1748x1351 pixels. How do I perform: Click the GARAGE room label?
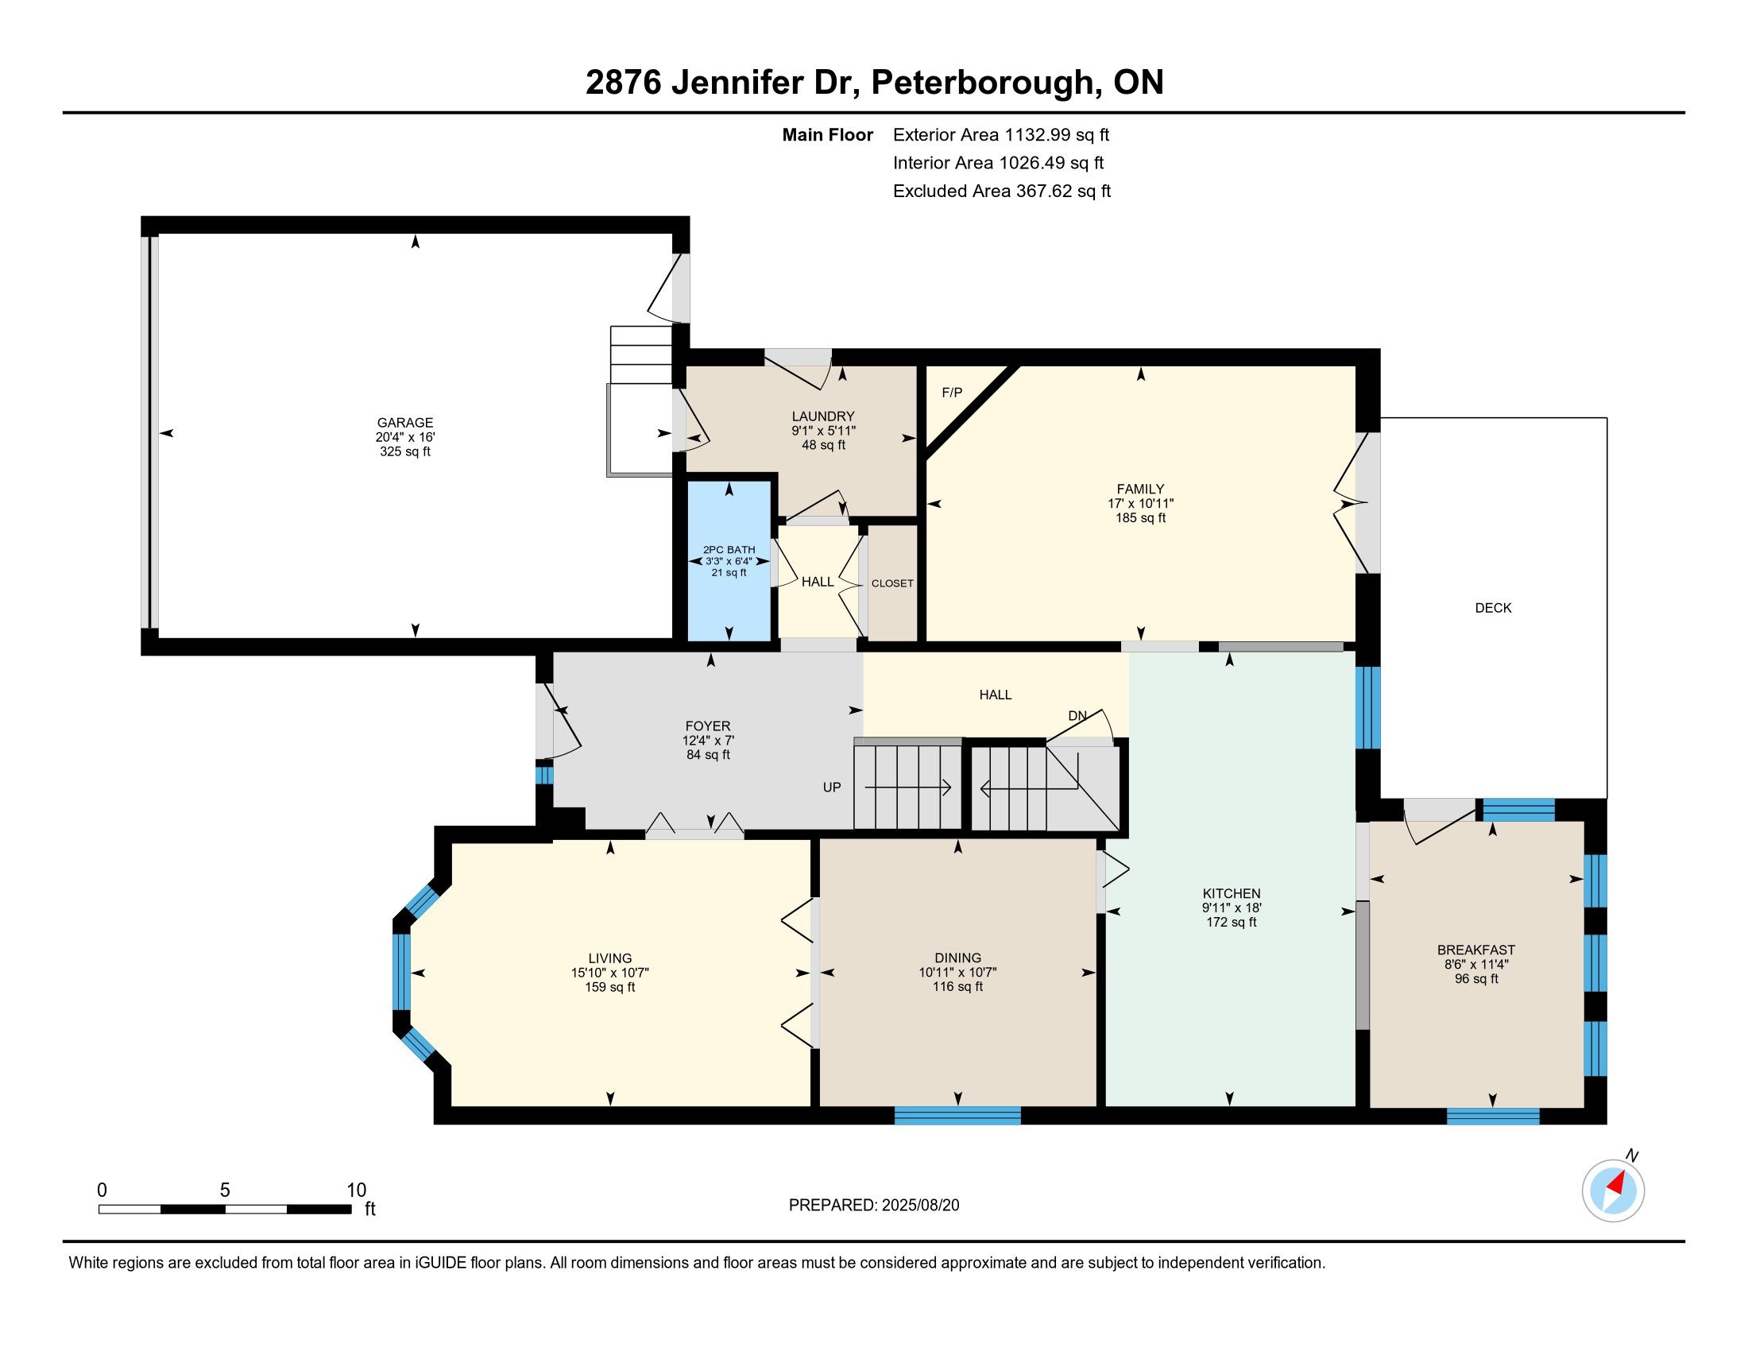(405, 423)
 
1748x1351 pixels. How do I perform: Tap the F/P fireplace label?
(952, 392)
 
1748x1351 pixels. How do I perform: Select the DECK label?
(1494, 607)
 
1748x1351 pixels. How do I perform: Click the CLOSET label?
(892, 583)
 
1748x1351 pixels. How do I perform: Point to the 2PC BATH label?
(729, 550)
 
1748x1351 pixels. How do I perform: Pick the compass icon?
(1614, 1190)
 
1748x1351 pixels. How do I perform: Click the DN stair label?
(1077, 715)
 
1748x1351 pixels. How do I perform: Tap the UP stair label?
(833, 788)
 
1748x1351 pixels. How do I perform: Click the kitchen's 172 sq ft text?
(1232, 922)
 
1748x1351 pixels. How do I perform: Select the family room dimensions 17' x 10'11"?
(1140, 503)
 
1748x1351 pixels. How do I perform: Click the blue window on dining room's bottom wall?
(957, 1115)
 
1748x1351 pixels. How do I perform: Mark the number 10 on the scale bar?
(356, 1190)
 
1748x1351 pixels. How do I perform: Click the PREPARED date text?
(874, 1206)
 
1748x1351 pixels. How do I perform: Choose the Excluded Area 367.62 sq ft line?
(1002, 192)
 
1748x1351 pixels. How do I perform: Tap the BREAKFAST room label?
(1477, 950)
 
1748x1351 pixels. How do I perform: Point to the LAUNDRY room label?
(824, 416)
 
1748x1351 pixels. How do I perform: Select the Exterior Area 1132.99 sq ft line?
(1001, 135)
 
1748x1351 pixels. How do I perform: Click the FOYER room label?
(708, 726)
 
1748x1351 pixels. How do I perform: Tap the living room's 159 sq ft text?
(610, 987)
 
